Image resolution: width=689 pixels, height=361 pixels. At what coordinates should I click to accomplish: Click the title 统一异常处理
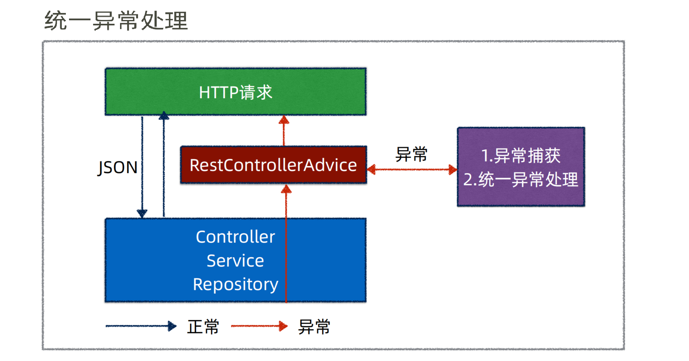pos(116,21)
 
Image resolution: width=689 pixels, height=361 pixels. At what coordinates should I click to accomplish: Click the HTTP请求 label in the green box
pos(236,92)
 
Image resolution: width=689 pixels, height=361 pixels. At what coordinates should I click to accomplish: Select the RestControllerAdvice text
pos(273,165)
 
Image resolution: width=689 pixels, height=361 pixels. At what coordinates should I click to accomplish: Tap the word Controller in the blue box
pos(235,237)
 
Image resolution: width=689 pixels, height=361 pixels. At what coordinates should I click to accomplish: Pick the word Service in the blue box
pos(235,261)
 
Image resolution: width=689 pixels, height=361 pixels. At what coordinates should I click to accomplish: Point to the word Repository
pos(236,285)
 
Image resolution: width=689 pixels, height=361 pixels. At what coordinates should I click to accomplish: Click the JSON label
pos(117,167)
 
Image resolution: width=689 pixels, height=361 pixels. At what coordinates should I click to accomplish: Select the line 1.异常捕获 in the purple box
pos(521,156)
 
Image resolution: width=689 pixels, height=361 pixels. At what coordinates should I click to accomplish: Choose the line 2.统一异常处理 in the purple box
pos(521,179)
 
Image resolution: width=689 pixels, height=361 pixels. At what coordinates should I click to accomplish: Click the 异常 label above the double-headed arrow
pos(411,154)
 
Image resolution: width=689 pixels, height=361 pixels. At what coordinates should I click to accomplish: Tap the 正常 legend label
pos(203,327)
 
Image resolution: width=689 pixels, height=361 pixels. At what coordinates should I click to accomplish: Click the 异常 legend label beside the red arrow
pos(314,327)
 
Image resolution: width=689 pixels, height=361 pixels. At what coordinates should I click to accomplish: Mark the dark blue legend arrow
pos(141,326)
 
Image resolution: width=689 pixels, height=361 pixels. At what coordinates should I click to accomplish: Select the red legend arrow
pos(259,326)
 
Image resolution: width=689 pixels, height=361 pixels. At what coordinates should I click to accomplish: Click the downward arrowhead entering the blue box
pos(142,214)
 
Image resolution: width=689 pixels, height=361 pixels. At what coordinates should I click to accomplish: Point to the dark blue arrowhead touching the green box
pos(164,115)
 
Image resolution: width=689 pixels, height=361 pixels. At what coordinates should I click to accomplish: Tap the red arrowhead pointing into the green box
pos(284,119)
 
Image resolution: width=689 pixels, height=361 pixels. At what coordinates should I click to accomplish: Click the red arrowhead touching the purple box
pos(453,170)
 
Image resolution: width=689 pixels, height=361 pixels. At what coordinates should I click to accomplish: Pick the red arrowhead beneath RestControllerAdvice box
pos(286,189)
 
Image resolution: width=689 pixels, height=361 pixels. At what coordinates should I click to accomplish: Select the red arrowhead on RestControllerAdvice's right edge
pos(371,170)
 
